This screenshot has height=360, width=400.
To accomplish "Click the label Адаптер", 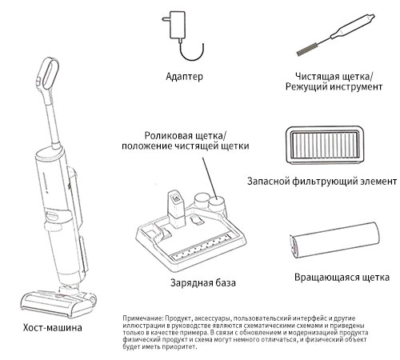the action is coord(184,77).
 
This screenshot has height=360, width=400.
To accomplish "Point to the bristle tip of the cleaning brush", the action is coord(298,53).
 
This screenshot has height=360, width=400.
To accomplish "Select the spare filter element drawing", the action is coord(325,145).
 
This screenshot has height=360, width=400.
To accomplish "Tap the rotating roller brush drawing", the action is coord(334,240).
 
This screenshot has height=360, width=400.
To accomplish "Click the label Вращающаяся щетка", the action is coord(342,278).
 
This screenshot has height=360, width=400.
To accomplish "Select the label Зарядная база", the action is coord(203,282).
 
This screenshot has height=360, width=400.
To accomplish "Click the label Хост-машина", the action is coord(53,327).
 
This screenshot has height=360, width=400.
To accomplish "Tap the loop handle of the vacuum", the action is coord(50,73).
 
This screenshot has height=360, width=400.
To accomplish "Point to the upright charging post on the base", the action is coord(176,209).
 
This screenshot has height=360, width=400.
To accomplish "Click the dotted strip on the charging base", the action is coord(202,246).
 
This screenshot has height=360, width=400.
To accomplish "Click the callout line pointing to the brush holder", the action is coord(210,178).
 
